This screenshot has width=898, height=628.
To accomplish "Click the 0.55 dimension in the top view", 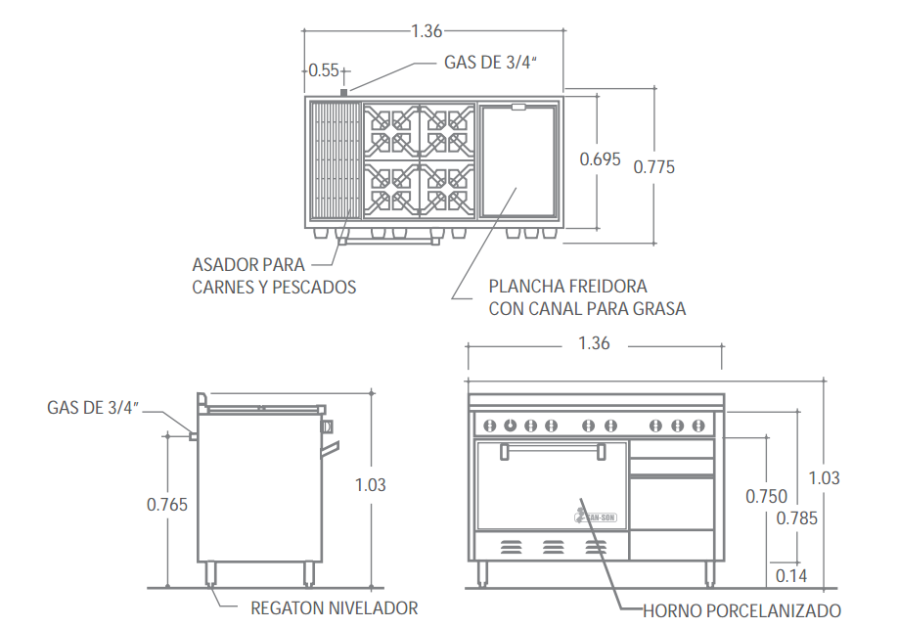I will tap(324, 70).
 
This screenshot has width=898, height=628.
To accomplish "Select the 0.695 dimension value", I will tap(600, 158).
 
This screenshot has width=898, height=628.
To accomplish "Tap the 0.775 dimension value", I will tap(654, 166).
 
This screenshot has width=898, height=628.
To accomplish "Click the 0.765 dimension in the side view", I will tap(167, 505).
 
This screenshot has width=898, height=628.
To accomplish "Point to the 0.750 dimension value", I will tap(766, 496).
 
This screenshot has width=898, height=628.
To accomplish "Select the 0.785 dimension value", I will tap(797, 518).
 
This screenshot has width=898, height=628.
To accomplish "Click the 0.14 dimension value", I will tap(791, 576).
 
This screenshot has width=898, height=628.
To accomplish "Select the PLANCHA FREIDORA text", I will tap(568, 287).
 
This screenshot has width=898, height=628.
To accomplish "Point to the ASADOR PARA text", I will tap(248, 265).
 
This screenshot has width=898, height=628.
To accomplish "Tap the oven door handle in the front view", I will tap(550, 451).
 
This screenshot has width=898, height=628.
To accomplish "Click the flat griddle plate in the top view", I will tap(518, 161).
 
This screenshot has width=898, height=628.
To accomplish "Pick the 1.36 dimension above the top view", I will tap(427, 31).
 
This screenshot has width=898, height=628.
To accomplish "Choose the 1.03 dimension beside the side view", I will tap(370, 484).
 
